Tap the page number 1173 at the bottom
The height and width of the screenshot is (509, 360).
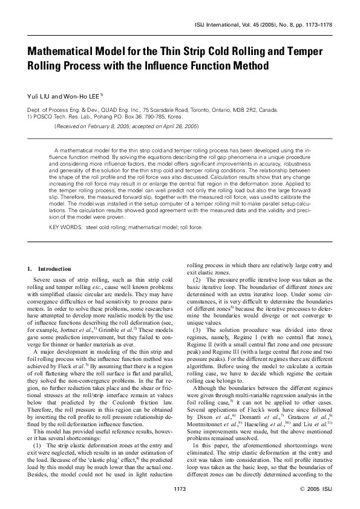180,488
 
